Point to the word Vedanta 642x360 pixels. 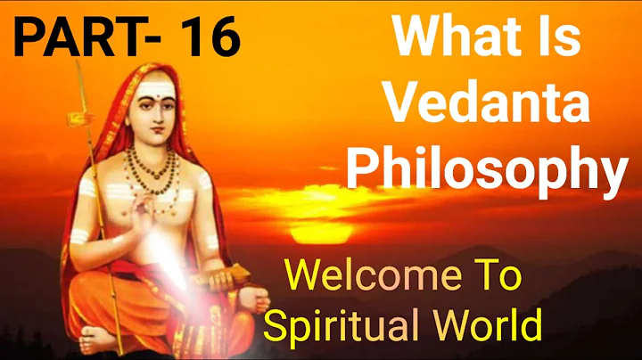[x=489, y=106]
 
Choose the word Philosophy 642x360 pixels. [x=487, y=170]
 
